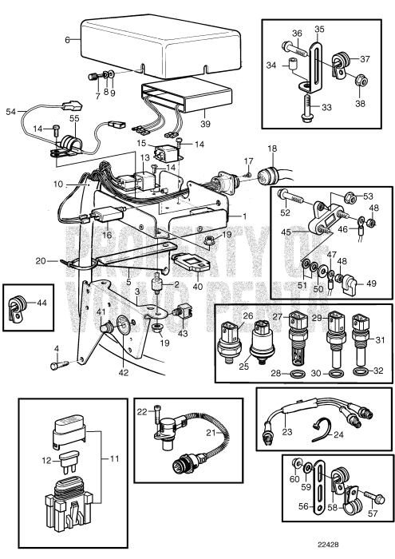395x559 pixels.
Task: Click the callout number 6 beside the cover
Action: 67,40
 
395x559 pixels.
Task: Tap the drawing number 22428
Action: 329,545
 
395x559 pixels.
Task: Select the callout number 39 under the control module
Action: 205,124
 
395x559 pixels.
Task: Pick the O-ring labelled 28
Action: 295,374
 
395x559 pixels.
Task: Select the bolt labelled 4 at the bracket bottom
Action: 60,365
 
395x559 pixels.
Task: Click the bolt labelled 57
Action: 373,498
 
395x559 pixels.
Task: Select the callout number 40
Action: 197,286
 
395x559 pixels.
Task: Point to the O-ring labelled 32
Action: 361,372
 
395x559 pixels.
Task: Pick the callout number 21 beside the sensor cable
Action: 211,433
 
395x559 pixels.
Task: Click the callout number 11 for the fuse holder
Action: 114,458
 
